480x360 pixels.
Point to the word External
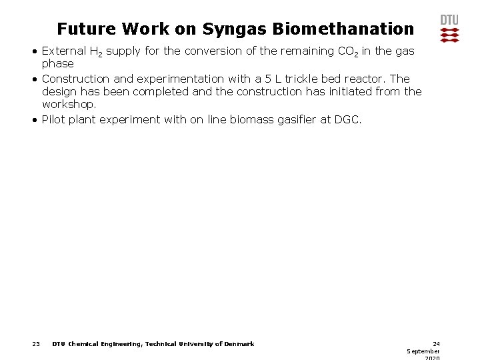(x=63, y=51)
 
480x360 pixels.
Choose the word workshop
(x=69, y=105)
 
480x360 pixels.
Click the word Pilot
(x=53, y=120)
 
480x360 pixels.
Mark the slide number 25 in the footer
(x=36, y=344)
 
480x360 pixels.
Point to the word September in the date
(x=423, y=351)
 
